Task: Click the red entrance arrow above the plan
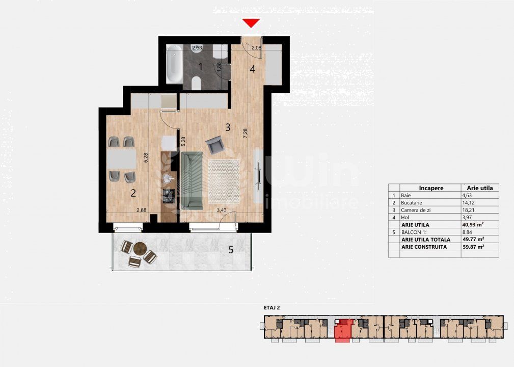251,23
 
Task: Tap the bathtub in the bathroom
174,64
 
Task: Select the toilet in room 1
196,83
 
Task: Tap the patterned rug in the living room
224,181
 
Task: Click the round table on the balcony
140,249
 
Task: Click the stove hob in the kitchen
169,196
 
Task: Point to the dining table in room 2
122,159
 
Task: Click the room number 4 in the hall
252,69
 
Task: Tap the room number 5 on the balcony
231,250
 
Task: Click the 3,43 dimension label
222,210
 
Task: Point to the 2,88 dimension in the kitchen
141,210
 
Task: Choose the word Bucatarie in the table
412,203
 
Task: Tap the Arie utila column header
479,188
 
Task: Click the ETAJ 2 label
272,308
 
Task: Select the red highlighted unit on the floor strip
343,330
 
